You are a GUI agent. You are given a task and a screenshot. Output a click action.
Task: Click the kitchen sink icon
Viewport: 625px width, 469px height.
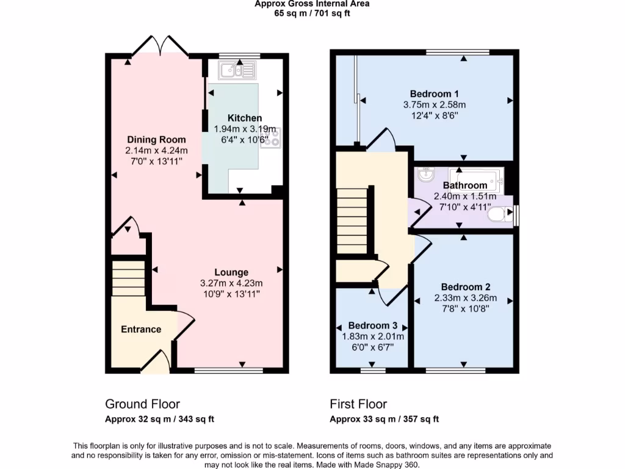coord(238,71)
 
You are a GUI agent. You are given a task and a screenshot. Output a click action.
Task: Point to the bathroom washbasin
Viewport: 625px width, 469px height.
coord(425,175)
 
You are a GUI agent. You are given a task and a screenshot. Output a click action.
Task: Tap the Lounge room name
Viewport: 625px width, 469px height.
coord(231,272)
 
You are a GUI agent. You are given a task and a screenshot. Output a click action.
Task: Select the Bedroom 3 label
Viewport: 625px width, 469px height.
coord(373,325)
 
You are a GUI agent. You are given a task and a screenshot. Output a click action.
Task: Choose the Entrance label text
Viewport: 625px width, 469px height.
coord(141,329)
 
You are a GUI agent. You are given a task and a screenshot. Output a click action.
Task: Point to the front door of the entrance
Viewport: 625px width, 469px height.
coord(157,362)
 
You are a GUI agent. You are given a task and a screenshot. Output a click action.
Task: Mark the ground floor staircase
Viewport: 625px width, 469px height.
coord(128,280)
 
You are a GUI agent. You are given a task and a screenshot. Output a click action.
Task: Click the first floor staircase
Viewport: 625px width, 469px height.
coord(353,211)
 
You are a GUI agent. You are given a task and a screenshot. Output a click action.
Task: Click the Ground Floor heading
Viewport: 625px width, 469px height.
coord(142,404)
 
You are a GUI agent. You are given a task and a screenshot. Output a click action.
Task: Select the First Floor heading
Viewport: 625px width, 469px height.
coord(358,404)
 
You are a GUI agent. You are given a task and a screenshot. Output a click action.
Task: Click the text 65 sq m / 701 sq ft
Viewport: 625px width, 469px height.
coord(312,13)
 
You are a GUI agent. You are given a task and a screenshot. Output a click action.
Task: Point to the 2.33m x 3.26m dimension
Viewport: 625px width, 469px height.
coord(466,298)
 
